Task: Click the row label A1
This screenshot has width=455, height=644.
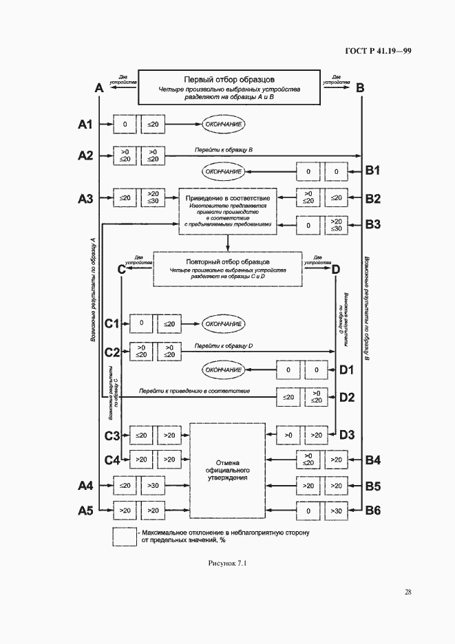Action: tap(85, 125)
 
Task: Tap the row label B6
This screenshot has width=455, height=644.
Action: tap(374, 510)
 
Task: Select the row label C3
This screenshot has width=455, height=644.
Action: tap(112, 435)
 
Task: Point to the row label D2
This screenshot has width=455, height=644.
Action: tap(346, 396)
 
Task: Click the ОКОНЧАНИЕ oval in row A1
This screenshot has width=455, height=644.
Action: tap(224, 125)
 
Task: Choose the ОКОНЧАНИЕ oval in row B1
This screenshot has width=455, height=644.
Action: tap(224, 170)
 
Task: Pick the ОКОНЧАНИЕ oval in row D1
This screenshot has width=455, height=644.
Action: tap(224, 369)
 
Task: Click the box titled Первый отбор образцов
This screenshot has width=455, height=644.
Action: tap(230, 88)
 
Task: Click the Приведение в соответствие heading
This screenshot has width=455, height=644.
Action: tap(227, 198)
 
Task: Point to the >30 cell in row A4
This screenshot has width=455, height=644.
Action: tap(152, 486)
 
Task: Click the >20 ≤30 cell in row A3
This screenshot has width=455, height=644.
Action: tap(152, 198)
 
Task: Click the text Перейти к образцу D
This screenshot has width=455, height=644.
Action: tap(224, 345)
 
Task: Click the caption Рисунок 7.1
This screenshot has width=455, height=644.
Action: tap(227, 564)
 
